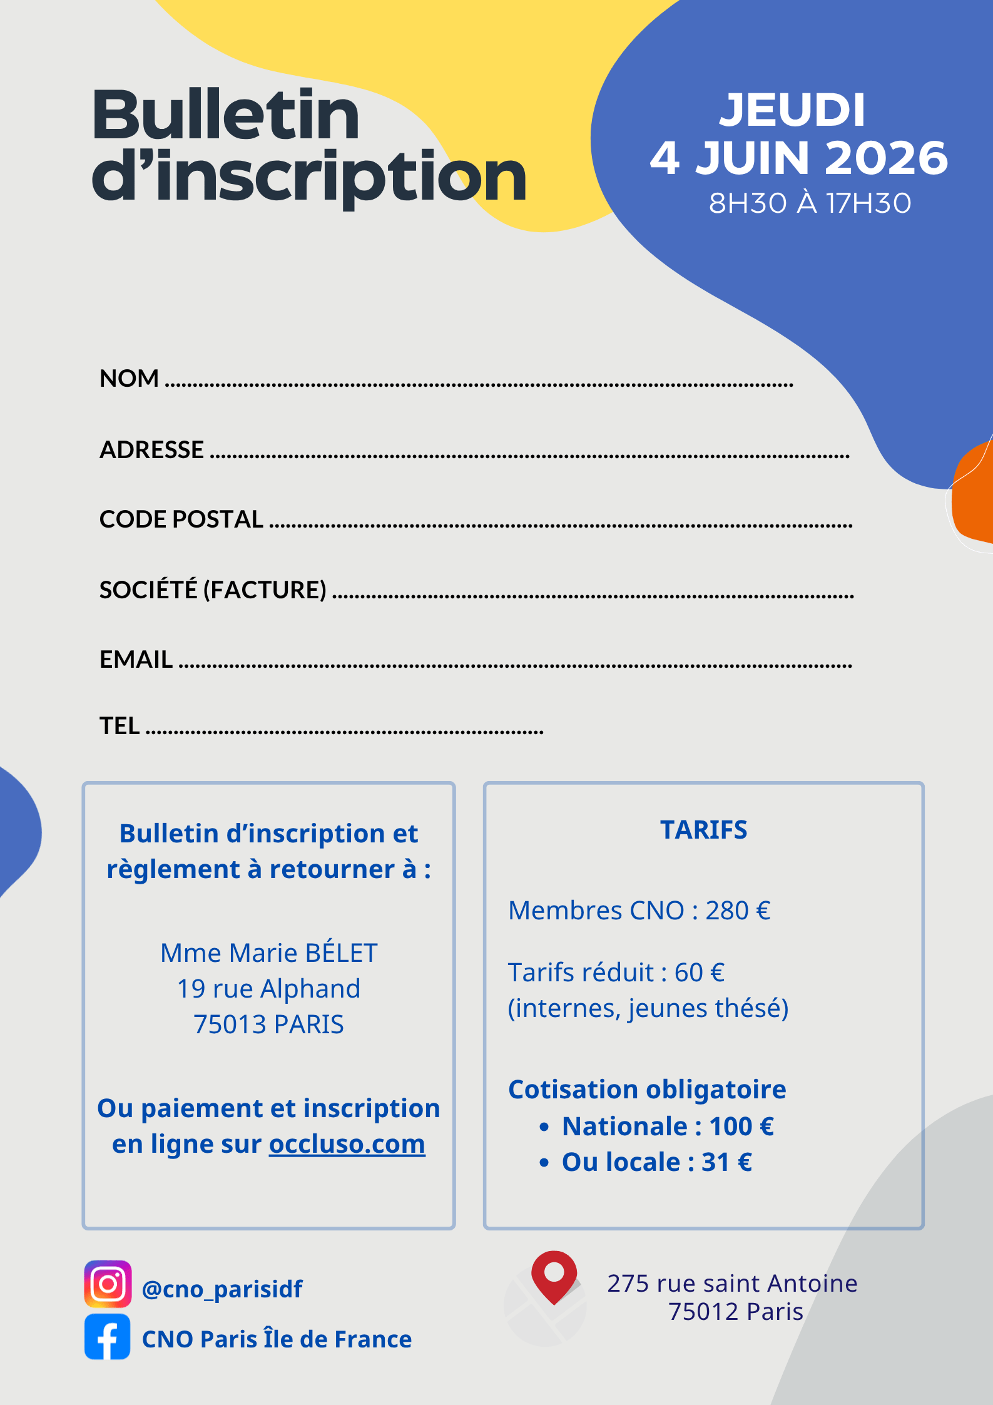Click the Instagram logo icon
point(108,1284)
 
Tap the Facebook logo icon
point(108,1337)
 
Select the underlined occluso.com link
point(347,1145)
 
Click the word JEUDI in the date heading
point(792,110)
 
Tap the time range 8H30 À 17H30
point(810,203)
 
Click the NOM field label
point(129,379)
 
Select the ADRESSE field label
point(151,450)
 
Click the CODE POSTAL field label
point(181,519)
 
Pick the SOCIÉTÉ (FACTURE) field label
point(213,590)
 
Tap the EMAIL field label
point(136,660)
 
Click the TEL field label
point(120,726)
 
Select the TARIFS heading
point(703,830)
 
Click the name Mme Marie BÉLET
point(268,953)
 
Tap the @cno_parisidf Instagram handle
point(222,1289)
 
